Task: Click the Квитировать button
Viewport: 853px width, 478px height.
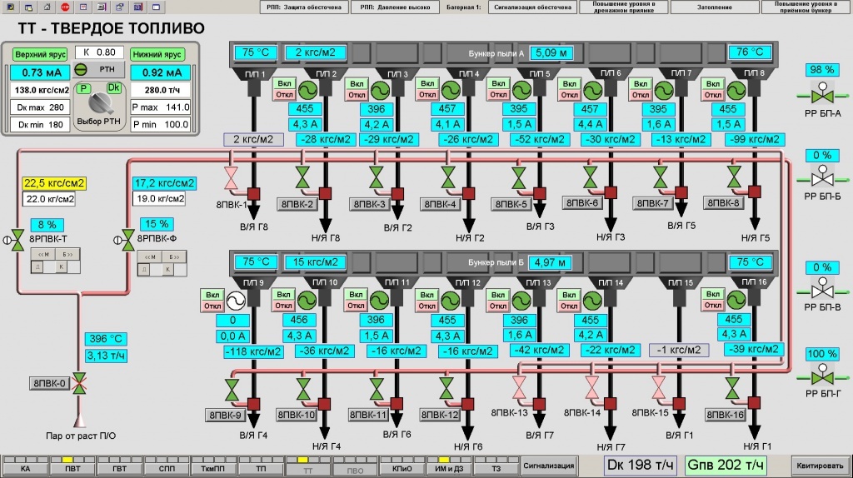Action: [x=821, y=465]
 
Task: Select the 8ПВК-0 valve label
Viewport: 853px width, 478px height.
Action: [x=50, y=383]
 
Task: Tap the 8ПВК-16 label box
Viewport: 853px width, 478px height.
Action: [x=726, y=415]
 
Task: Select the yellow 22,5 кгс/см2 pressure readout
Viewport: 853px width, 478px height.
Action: [x=49, y=183]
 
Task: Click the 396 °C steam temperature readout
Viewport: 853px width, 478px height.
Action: [x=106, y=339]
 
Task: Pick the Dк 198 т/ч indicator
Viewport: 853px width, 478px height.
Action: [x=640, y=464]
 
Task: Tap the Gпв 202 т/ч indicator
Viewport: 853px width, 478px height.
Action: [x=726, y=464]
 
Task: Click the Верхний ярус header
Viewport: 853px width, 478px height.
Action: [x=40, y=54]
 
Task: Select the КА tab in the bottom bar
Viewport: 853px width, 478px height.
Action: [x=25, y=468]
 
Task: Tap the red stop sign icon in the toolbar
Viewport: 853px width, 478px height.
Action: [x=66, y=7]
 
